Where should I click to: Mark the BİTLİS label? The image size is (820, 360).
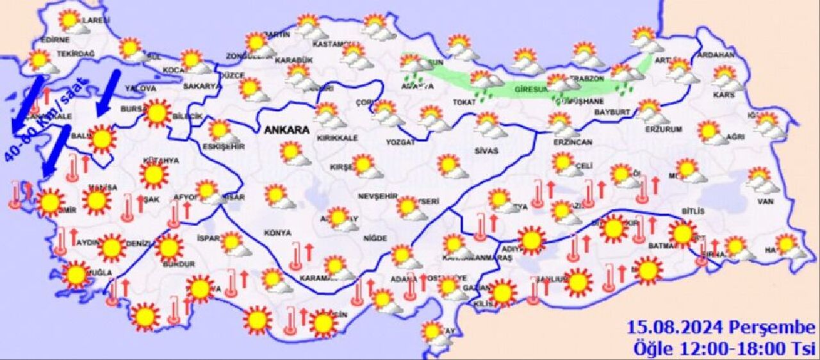pos(694,211)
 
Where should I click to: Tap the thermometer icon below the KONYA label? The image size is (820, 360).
pos(294,256)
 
